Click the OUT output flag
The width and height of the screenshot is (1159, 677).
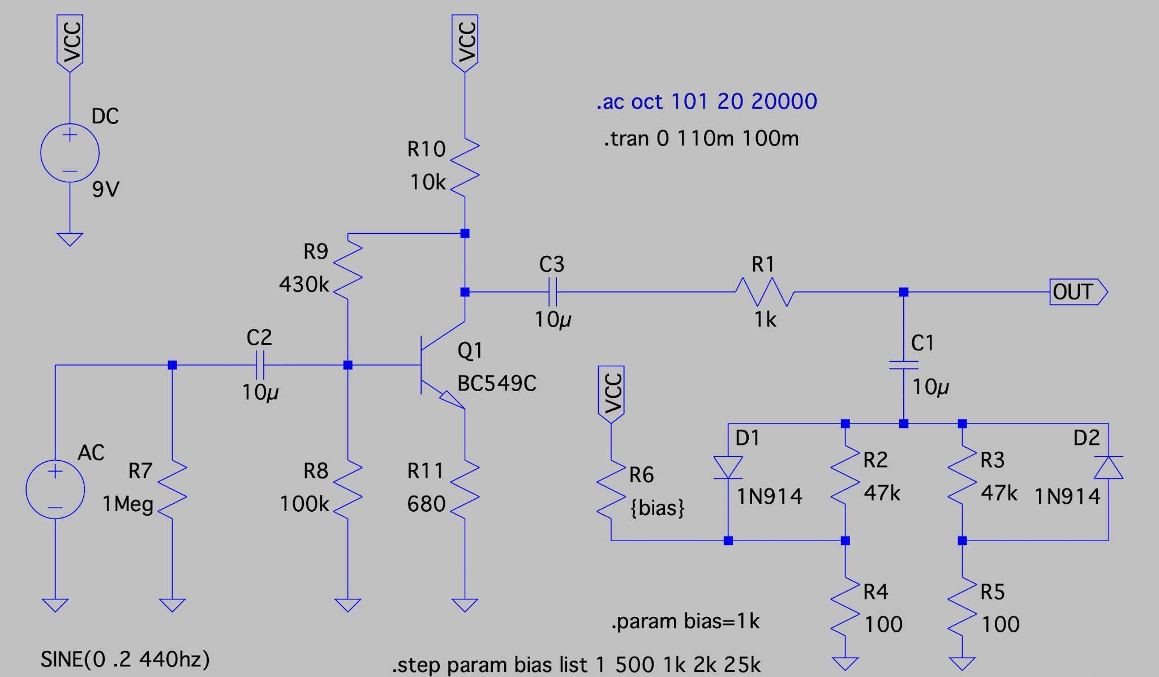click(1078, 292)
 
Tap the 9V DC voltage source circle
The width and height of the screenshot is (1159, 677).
click(70, 153)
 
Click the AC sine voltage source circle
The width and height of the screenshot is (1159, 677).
click(55, 489)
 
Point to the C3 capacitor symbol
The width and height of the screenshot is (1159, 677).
click(553, 292)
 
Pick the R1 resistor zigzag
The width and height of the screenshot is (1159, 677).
click(765, 292)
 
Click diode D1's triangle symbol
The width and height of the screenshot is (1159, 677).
click(728, 468)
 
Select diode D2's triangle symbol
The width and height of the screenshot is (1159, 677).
click(1108, 468)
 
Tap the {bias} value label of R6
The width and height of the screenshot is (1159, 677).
click(658, 508)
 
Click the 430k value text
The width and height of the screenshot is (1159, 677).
click(304, 284)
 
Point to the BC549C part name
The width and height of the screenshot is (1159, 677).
click(497, 384)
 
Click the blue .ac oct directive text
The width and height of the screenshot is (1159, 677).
click(707, 101)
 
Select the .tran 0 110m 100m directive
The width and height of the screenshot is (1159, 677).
click(701, 139)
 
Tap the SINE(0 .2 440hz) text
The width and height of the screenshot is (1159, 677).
click(125, 659)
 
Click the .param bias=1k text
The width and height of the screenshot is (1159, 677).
click(685, 622)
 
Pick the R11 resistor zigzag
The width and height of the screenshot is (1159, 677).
click(465, 490)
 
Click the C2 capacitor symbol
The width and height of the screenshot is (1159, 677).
click(260, 365)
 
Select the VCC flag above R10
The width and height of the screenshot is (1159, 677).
click(465, 44)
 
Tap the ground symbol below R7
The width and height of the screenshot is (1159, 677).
click(172, 605)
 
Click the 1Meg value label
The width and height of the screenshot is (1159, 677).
click(128, 504)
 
